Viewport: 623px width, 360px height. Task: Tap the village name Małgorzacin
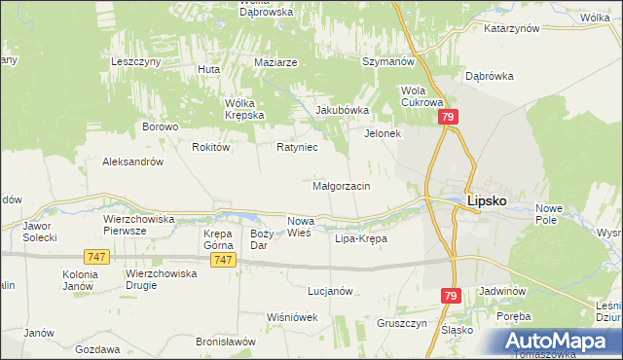(340, 185)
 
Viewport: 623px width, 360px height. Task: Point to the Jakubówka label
(341, 110)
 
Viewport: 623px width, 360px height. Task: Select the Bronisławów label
(226, 342)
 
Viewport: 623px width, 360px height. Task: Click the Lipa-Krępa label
(360, 238)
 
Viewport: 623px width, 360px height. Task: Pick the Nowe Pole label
(550, 215)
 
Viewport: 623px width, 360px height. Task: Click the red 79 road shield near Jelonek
(448, 117)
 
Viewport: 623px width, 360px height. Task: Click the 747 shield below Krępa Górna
(224, 260)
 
